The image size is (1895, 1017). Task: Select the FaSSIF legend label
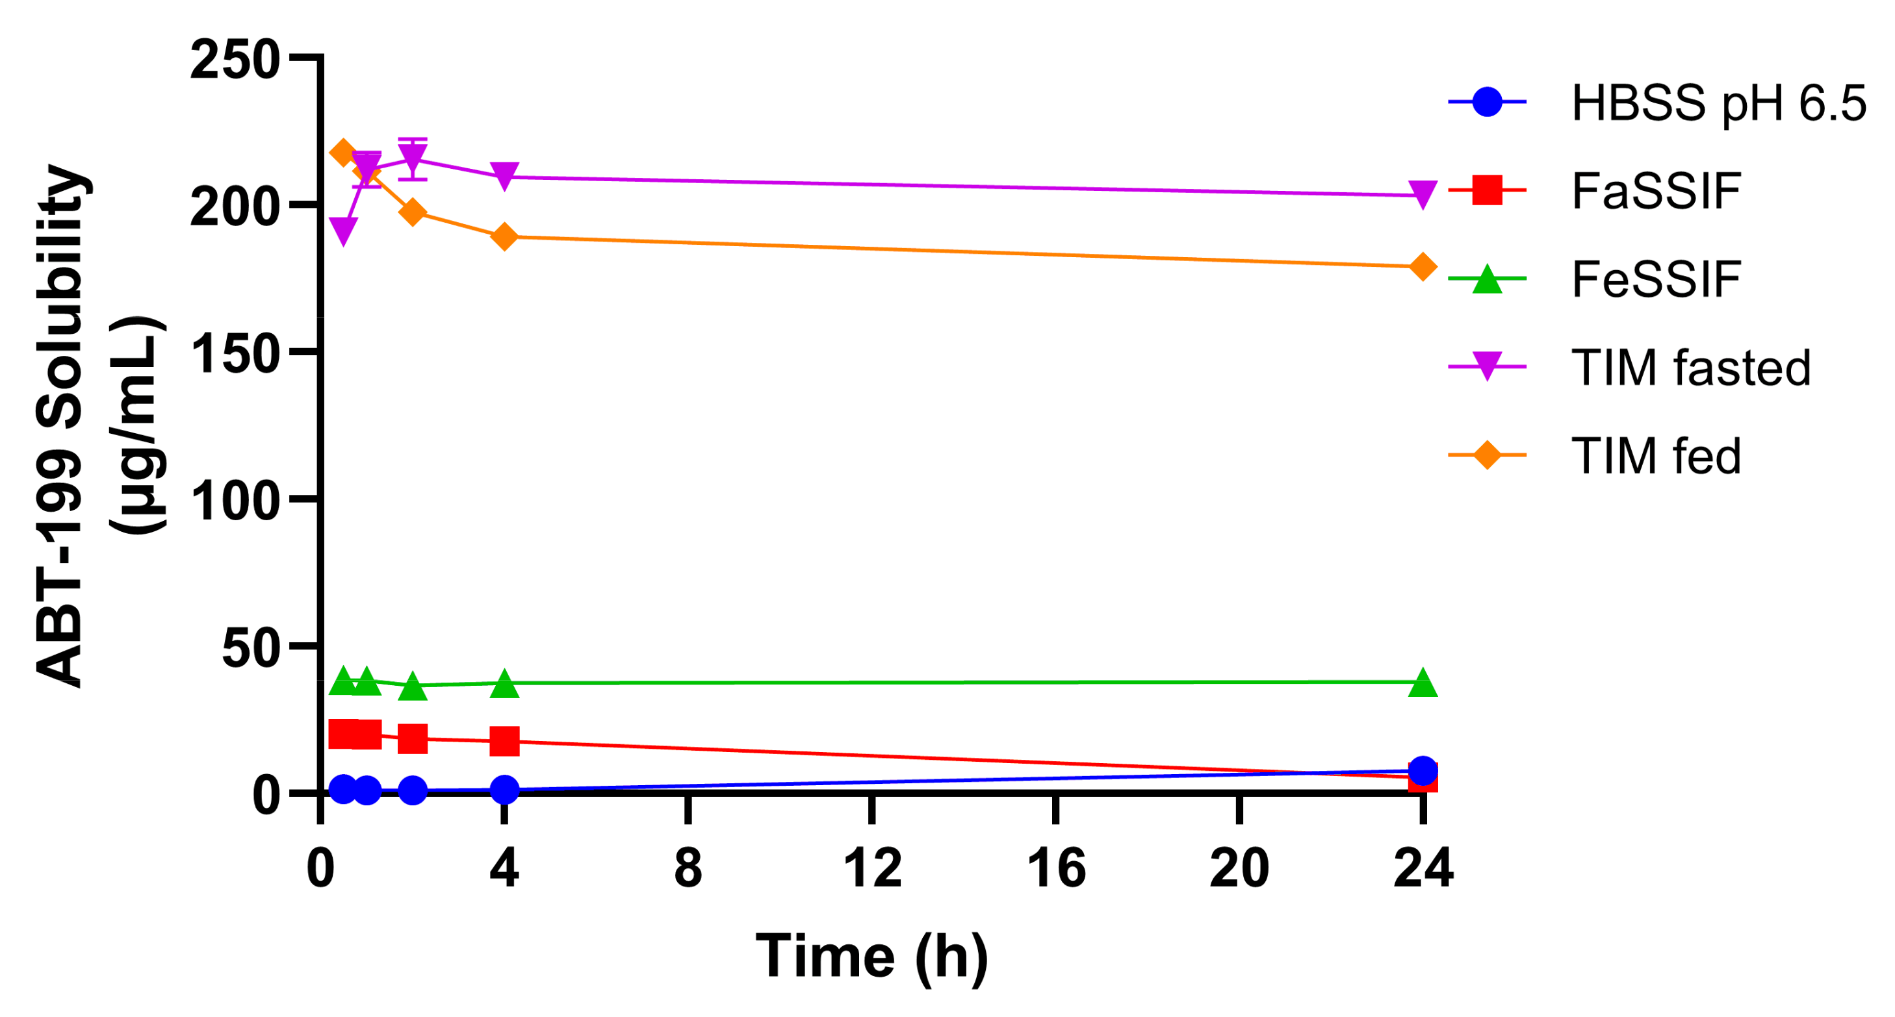[x=1655, y=190]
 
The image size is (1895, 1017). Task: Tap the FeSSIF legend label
[x=1655, y=279]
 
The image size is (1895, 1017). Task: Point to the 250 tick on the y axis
[x=234, y=59]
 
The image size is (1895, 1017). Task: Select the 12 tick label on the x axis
[x=871, y=868]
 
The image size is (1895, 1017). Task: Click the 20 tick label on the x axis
[x=1239, y=868]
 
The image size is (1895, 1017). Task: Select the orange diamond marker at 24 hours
[x=1423, y=266]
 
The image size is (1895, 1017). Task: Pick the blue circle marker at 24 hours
[x=1423, y=771]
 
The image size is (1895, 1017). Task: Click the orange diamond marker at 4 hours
[x=504, y=237]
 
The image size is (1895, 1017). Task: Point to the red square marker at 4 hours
[x=504, y=741]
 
